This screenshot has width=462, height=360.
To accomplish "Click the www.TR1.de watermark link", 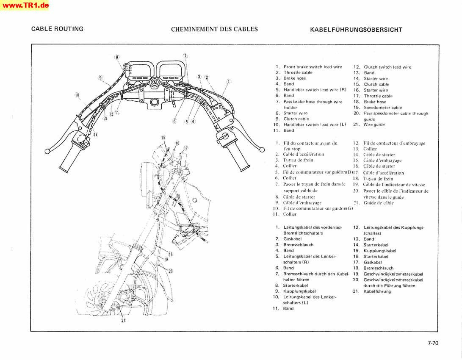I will point(25,5).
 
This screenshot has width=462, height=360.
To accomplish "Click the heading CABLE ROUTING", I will point(57,29).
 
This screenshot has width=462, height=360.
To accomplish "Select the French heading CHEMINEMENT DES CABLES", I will point(214,29).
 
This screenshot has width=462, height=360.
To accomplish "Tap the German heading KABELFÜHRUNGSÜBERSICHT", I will point(356,30).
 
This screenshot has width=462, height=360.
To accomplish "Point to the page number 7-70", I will point(433,343).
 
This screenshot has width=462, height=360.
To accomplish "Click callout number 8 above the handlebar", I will point(117,57).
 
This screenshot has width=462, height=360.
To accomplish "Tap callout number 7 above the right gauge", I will point(185,56).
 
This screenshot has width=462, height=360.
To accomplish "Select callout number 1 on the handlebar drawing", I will point(229,81).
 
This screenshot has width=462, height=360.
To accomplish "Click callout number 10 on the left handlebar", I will point(77,95).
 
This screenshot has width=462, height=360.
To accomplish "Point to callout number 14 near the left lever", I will point(96,135).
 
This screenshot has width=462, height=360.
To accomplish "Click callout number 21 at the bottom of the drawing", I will point(123,321).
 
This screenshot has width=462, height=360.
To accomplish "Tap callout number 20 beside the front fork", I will point(171,271).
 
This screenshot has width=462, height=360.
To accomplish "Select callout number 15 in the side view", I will point(163,138).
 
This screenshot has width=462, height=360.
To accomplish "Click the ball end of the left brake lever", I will point(47,151).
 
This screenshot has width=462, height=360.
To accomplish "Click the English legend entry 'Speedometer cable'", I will point(383,108).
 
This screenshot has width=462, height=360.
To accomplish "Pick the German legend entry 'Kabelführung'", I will point(377,291).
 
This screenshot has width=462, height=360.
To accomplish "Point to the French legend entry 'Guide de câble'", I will point(378,203).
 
